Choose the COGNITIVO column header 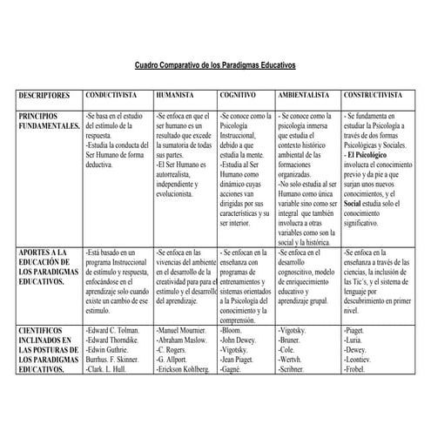click(237, 95)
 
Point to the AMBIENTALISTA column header click(303, 95)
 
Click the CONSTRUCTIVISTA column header click(374, 95)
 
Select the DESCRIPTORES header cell click(46, 95)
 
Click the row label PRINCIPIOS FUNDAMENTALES click(48, 121)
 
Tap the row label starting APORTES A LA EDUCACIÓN click(48, 268)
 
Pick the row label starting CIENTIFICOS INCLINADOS click(48, 350)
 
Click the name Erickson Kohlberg click(183, 370)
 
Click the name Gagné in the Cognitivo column click(233, 370)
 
